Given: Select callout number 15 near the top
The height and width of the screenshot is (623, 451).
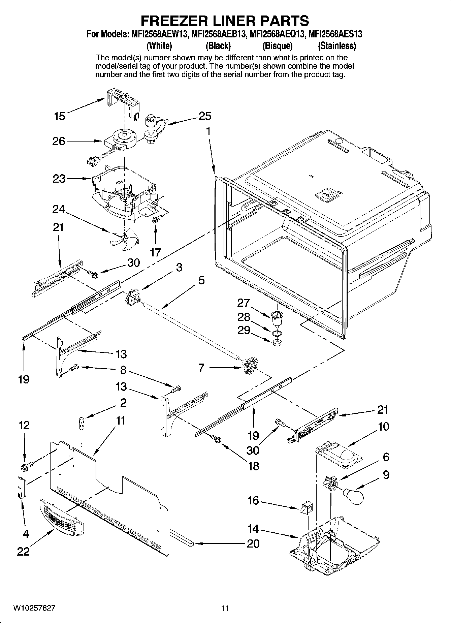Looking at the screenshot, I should pos(60,116).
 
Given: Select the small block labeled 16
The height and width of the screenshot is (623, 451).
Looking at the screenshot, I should pos(306,507).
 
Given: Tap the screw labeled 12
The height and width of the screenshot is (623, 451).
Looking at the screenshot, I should pos(26,467).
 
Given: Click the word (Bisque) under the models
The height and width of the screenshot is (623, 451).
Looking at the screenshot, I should pos(277,45).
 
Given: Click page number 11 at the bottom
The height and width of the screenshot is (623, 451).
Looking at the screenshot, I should pos(225,608).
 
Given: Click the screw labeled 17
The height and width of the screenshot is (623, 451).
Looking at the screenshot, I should pos(156,220).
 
